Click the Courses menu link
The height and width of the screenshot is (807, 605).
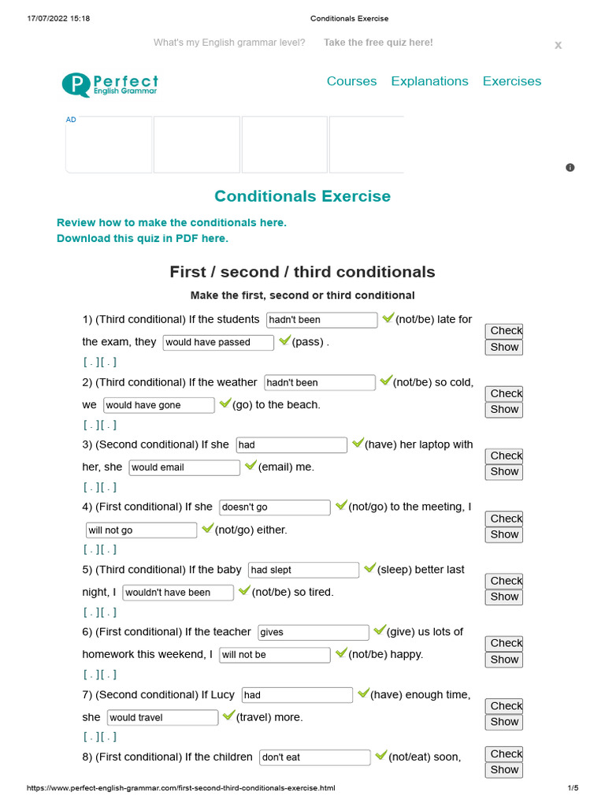point(351,81)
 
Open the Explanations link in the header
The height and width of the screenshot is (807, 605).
point(429,81)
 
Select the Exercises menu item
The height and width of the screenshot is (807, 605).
point(511,81)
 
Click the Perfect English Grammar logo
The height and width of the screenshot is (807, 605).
point(110,84)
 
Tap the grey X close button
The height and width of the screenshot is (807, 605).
point(558,46)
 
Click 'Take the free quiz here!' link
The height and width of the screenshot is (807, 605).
point(378,43)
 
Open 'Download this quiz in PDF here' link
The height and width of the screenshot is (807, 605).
point(143,238)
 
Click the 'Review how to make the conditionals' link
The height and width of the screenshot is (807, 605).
point(172,222)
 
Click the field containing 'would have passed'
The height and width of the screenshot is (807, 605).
point(218,342)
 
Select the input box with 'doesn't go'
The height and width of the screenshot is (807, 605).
point(274,508)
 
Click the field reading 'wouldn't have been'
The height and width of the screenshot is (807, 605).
point(178,592)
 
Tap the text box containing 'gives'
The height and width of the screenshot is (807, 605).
point(313,632)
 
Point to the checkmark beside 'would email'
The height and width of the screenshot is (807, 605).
point(251,466)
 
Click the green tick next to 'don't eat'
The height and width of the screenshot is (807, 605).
point(380,756)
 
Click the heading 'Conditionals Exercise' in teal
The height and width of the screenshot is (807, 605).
point(302,196)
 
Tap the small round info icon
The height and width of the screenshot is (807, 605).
point(570,167)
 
